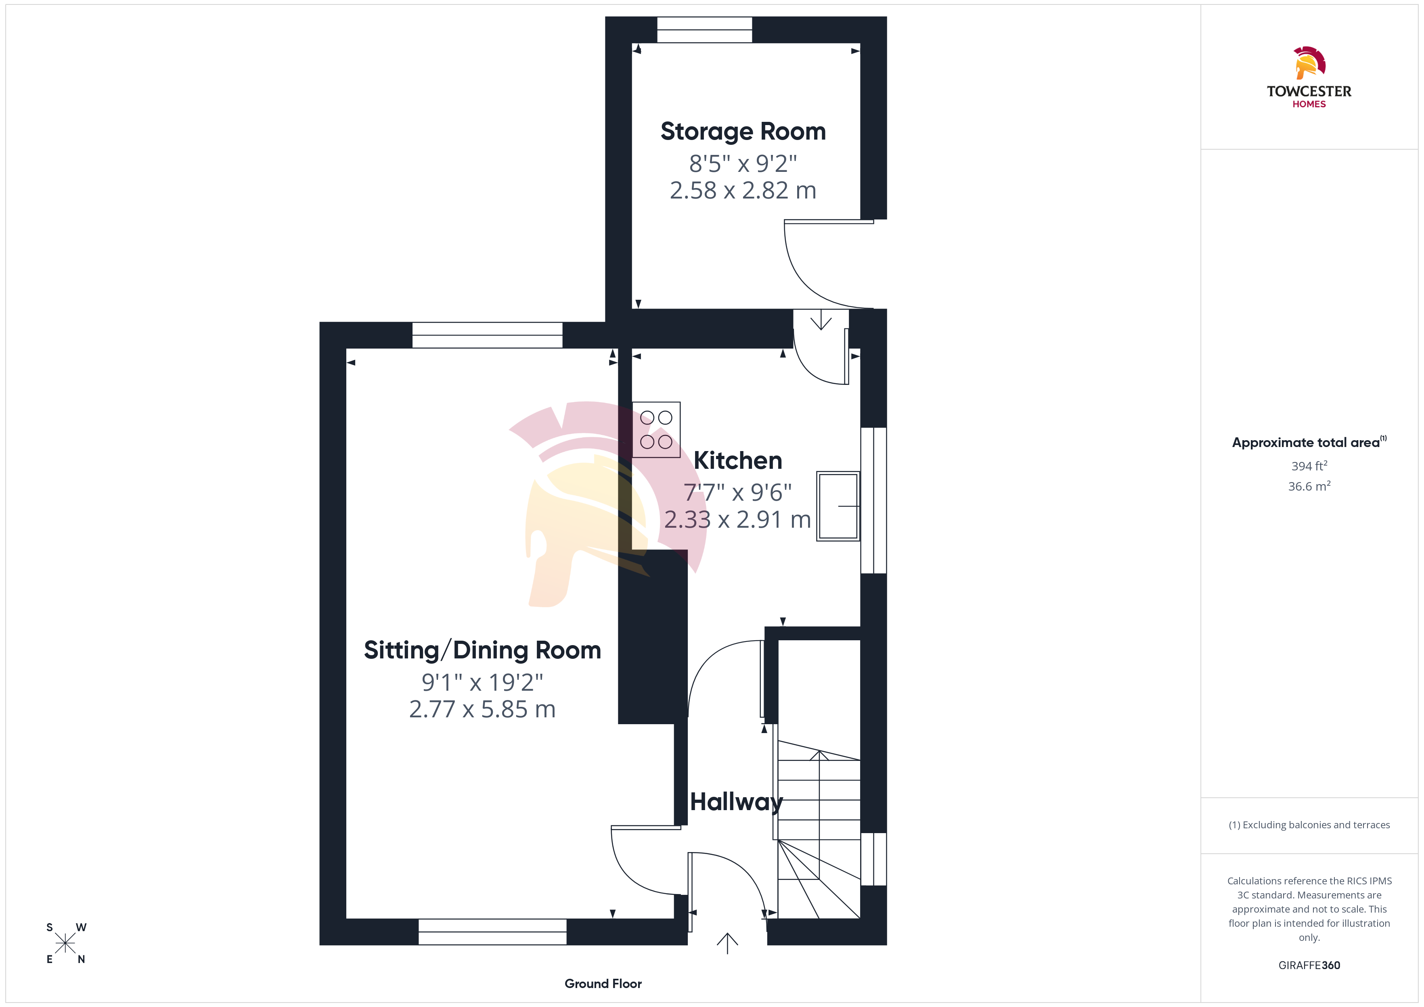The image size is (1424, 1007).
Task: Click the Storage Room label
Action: pyautogui.click(x=743, y=132)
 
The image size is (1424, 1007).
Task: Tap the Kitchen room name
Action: pyautogui.click(x=737, y=460)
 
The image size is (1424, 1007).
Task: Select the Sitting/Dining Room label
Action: pyautogui.click(x=482, y=650)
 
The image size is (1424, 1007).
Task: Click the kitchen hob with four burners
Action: pyautogui.click(x=656, y=430)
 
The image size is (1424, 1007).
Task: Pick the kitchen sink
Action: pyautogui.click(x=838, y=506)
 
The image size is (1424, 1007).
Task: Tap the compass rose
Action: pyautogui.click(x=65, y=943)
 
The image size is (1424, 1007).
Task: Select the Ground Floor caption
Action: pyautogui.click(x=603, y=984)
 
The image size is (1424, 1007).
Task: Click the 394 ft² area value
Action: pyautogui.click(x=1309, y=466)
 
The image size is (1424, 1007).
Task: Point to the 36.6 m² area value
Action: pyautogui.click(x=1309, y=486)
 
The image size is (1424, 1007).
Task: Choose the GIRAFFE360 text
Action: pyautogui.click(x=1309, y=965)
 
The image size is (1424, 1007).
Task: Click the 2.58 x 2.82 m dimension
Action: pyautogui.click(x=743, y=190)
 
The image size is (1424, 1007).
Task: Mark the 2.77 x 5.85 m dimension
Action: pyautogui.click(x=482, y=709)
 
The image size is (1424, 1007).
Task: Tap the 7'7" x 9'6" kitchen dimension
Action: pyautogui.click(x=737, y=492)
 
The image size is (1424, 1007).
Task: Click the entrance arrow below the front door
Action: pyautogui.click(x=727, y=943)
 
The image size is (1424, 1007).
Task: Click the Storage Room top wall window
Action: pyautogui.click(x=705, y=30)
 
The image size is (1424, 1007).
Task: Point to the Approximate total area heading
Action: pyautogui.click(x=1309, y=442)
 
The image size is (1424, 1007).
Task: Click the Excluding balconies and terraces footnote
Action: pyautogui.click(x=1309, y=825)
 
